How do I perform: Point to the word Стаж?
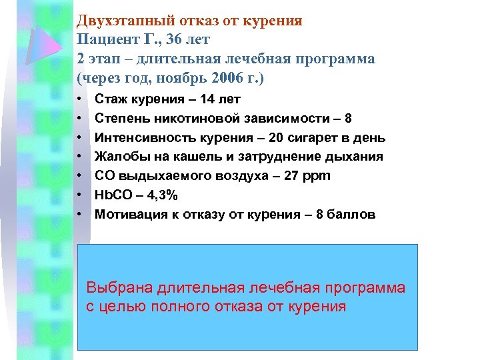[111, 99]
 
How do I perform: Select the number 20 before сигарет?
[256, 138]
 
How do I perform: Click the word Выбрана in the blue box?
[120, 288]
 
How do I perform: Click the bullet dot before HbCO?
[79, 195]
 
